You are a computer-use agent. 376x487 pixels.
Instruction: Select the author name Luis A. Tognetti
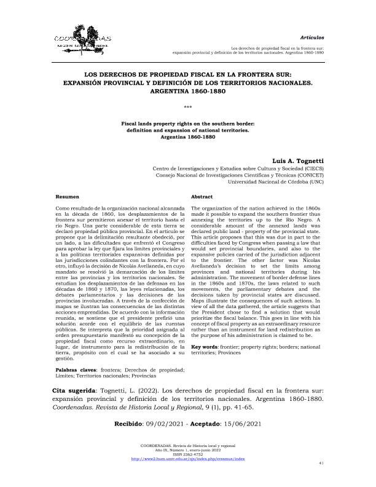tap(297, 160)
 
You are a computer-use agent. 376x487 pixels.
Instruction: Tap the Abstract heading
tap(202, 197)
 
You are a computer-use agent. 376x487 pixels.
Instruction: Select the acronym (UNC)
tap(316, 183)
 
